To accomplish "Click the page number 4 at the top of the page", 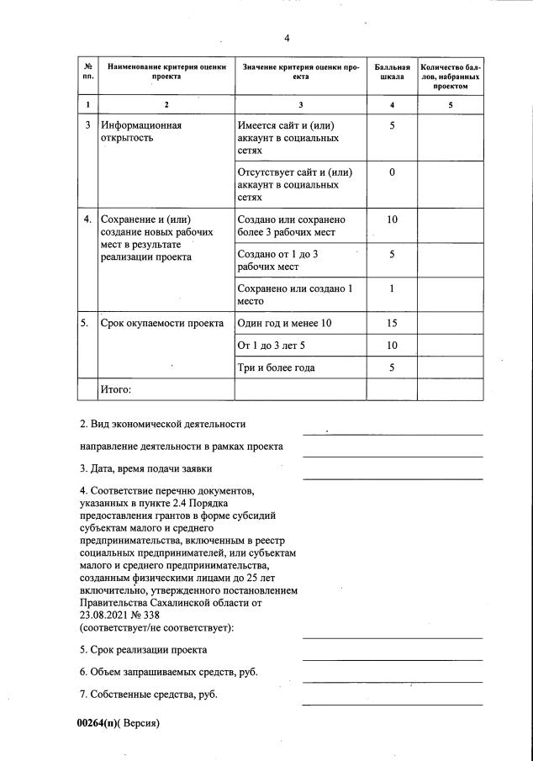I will (287, 39).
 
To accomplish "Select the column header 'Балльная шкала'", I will (392, 71).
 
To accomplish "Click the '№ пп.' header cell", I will (88, 71).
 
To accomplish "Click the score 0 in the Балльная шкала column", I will (392, 172).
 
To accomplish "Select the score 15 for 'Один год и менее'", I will (392, 324).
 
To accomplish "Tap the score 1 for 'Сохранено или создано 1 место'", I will (392, 288).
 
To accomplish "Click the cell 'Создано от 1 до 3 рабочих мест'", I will (282, 260).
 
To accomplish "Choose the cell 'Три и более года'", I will (277, 367).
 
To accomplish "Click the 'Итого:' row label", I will (117, 389).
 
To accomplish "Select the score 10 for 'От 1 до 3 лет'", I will (392, 346).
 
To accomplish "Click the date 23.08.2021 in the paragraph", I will (108, 615).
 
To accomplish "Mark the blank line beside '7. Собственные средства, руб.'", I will (392, 703).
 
